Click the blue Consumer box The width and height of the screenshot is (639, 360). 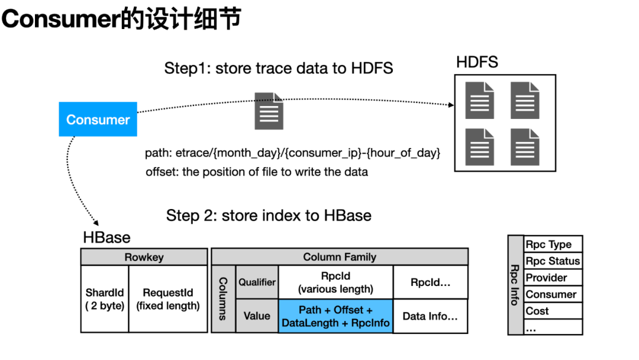coord(98,119)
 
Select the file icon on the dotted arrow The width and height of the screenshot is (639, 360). coord(269,111)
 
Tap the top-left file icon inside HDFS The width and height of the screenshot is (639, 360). coord(480,100)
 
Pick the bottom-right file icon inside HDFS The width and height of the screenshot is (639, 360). coord(525,147)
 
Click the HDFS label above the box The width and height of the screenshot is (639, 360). coord(477,62)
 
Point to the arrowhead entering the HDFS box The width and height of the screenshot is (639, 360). coord(451,105)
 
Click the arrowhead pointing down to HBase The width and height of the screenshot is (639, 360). coord(96,223)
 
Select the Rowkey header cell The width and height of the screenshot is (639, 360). coord(144,257)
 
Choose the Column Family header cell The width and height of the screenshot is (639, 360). coord(340,257)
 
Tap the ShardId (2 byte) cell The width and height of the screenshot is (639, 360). coord(105,299)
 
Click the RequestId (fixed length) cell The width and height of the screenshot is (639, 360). coord(168,299)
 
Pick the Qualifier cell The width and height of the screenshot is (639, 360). coord(257,282)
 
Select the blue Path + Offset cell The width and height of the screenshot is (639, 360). coord(335,316)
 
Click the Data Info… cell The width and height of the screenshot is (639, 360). coord(430,316)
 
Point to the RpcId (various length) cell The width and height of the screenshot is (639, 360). coord(335,282)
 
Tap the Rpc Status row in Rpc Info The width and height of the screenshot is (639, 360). coord(553,261)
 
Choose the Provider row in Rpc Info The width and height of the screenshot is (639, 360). coord(553,278)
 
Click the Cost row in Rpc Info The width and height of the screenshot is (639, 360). coord(553,311)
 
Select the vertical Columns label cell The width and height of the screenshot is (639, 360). coord(223,299)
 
